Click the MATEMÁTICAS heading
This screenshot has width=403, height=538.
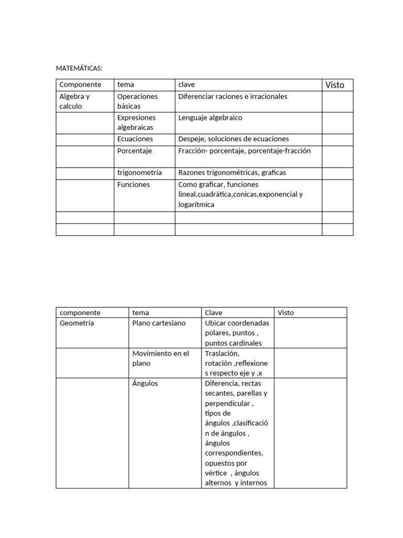(79, 68)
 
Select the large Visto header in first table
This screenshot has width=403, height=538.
(335, 85)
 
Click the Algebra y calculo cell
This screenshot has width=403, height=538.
(75, 101)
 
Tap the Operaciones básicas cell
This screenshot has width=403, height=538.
(137, 101)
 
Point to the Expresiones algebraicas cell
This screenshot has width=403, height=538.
(136, 122)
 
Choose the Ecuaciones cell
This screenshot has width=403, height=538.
(135, 139)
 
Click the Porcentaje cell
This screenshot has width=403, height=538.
(135, 151)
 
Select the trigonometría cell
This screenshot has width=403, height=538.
(140, 172)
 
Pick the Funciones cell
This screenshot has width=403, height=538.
(133, 184)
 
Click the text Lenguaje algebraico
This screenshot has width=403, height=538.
(210, 118)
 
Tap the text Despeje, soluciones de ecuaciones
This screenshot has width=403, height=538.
(234, 139)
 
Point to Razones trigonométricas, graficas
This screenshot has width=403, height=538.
(232, 172)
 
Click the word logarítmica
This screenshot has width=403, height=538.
(196, 204)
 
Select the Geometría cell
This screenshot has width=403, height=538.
(77, 323)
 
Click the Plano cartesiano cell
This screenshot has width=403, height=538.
(159, 323)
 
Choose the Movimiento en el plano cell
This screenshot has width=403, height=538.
(161, 358)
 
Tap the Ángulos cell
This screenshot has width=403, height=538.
(145, 384)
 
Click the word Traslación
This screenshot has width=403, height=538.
(222, 354)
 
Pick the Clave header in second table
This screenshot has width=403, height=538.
(214, 313)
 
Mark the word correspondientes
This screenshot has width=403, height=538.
(234, 453)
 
